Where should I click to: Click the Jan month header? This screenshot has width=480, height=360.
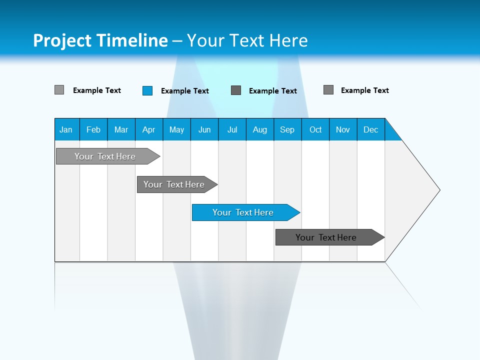click(66, 129)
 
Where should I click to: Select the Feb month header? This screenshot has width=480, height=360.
click(93, 129)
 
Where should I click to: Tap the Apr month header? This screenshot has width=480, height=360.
click(149, 129)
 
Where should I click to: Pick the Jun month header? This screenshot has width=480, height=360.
click(204, 129)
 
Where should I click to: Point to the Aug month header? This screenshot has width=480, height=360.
click(260, 129)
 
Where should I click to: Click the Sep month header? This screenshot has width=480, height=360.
click(287, 129)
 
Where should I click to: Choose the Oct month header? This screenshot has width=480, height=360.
click(315, 129)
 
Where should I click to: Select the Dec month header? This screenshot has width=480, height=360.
click(371, 129)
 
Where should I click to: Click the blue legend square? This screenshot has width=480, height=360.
click(147, 90)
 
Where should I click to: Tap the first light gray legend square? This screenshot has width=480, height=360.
click(59, 90)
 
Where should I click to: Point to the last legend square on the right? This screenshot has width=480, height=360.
click(328, 90)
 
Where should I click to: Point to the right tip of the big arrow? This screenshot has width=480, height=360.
click(438, 190)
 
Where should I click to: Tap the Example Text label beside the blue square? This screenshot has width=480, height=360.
click(185, 91)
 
